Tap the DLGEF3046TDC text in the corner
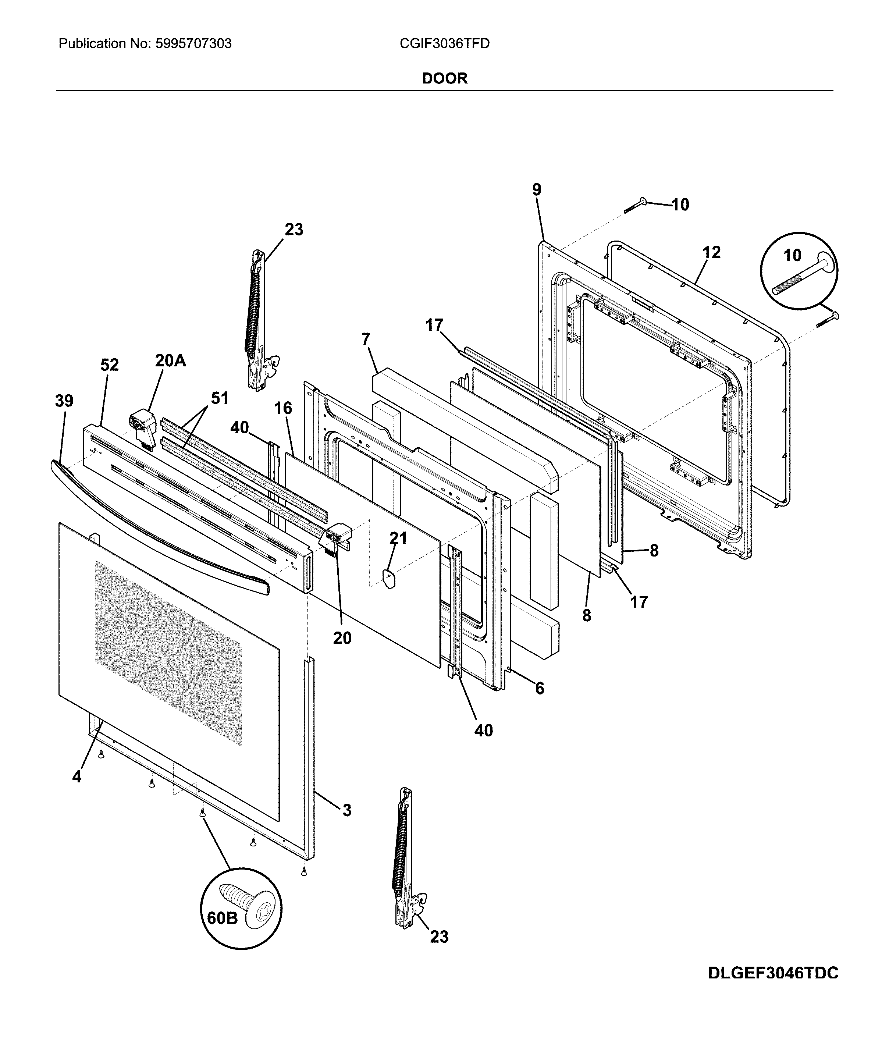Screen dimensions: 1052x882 coord(773,973)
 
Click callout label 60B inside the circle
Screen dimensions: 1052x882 coord(222,918)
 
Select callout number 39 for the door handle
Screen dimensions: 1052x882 coord(64,401)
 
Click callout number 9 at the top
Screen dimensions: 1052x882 coord(536,190)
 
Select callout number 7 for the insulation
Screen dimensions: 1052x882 coord(366,339)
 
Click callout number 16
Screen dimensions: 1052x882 coord(283,408)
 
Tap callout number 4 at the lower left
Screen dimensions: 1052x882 coord(77,776)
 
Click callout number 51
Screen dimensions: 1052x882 coord(219,398)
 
